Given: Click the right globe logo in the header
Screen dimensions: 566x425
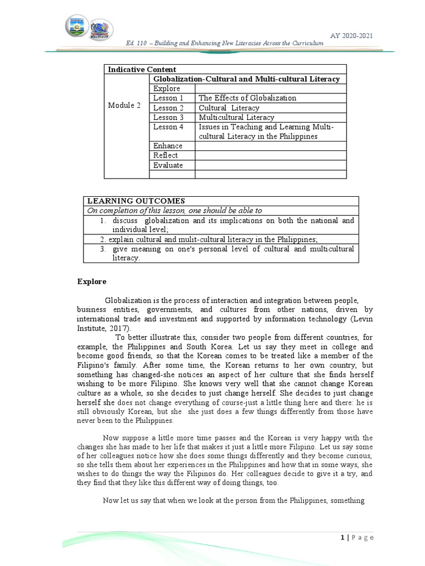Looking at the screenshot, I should [101, 29].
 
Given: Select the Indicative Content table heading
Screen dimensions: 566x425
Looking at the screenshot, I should [142, 70].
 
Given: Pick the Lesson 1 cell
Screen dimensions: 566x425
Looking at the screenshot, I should [168, 98].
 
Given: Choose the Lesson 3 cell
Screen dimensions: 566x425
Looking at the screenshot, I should [168, 118].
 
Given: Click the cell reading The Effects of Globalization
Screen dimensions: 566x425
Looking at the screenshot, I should [247, 98].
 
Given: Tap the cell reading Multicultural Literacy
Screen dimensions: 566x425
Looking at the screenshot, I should [236, 118].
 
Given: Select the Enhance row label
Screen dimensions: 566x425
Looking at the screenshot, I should [168, 146].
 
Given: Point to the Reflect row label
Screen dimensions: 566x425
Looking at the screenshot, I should [165, 156].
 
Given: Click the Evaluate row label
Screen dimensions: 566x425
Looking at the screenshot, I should [168, 165].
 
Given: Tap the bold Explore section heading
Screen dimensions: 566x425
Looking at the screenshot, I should [91, 282].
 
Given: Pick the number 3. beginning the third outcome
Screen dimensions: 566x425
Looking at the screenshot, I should [103, 249].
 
